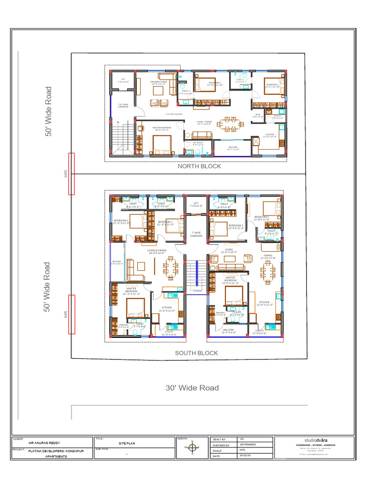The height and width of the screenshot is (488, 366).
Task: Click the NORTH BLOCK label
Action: click(x=199, y=166)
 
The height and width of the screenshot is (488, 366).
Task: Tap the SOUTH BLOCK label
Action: click(x=196, y=353)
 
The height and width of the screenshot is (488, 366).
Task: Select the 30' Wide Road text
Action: click(x=192, y=388)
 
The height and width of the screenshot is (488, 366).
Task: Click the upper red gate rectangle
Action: click(x=71, y=173)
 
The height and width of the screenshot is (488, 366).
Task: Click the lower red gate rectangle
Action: click(x=71, y=315)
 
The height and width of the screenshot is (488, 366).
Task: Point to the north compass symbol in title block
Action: click(x=192, y=448)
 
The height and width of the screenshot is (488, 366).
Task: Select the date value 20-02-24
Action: click(x=244, y=456)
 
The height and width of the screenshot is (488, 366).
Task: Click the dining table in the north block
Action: click(x=231, y=124)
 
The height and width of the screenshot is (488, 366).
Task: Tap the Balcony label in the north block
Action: click(x=233, y=148)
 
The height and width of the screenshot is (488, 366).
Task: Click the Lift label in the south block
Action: click(x=196, y=204)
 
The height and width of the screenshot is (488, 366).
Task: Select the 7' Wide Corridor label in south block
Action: click(x=196, y=234)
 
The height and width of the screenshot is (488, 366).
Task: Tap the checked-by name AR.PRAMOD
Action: click(x=248, y=444)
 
